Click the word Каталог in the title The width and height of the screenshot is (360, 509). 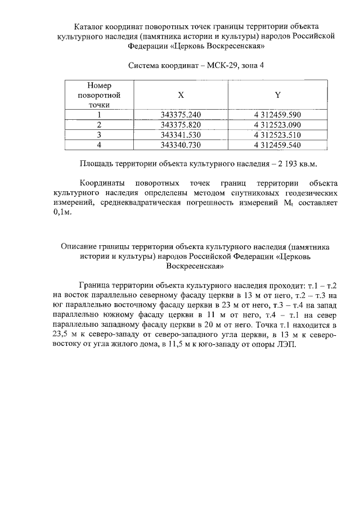(90, 26)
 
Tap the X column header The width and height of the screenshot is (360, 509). (181, 95)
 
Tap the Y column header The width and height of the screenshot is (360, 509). (277, 95)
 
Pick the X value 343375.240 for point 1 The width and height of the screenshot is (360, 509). (181, 115)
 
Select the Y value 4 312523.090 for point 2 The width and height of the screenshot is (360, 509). (277, 125)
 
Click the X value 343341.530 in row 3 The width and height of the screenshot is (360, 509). (181, 135)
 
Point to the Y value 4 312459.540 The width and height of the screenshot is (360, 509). (277, 145)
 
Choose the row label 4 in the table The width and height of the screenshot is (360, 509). (99, 145)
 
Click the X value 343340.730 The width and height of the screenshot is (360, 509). (181, 145)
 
